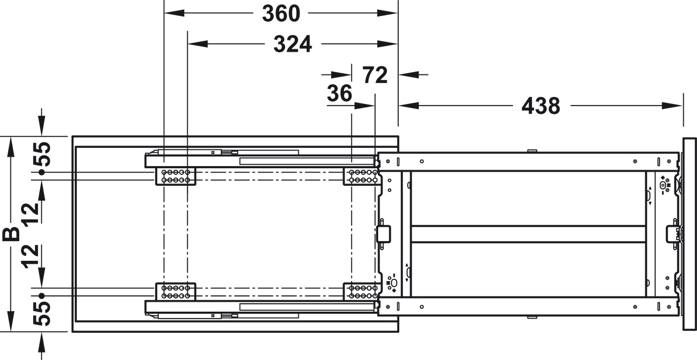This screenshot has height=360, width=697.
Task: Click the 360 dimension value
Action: coord(281,14)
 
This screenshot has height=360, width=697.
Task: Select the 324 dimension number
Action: coord(292,44)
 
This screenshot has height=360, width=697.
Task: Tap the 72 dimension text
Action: coord(375,75)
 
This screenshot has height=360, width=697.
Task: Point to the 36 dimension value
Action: coord(340,93)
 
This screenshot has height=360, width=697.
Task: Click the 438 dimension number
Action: coord(541,106)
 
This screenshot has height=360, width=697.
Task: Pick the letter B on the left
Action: coord(11,234)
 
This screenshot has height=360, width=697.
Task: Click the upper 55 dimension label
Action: coord(42,154)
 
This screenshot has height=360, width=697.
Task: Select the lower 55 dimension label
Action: coord(42,314)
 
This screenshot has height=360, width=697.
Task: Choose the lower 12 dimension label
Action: coord(30,256)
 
